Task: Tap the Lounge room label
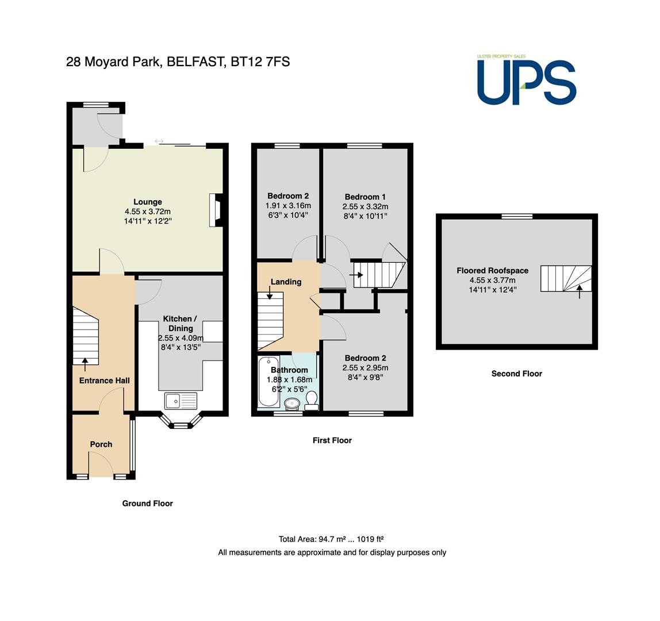[x=148, y=202]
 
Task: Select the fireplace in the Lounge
[x=216, y=210]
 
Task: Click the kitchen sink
[x=181, y=401]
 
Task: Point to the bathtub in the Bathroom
[x=268, y=381]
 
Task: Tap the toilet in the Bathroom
[x=312, y=401]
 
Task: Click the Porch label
[x=101, y=444]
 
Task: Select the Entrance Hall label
[x=105, y=381]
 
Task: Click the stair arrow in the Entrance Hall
[x=85, y=365]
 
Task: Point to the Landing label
[x=286, y=282]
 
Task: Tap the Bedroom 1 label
[x=365, y=197]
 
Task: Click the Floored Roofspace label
[x=493, y=270]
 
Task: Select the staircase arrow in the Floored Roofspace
[x=580, y=292]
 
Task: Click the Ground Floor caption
[x=147, y=503]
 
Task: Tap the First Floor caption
[x=332, y=440]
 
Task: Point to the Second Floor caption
[x=516, y=373]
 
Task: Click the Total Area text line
[x=331, y=539]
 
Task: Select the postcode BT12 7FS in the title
[x=260, y=62]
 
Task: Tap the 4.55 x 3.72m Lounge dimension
[x=148, y=212]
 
